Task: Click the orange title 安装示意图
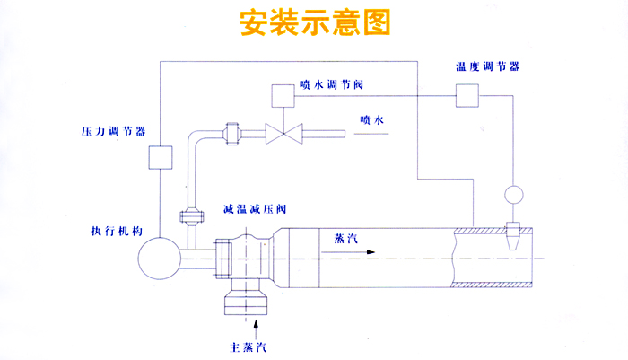coord(315,22)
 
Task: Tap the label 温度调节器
coord(486,67)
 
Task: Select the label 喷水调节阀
coord(331,85)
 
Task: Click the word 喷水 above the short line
coord(371,119)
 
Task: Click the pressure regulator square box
coord(160,157)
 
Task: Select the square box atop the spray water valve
coord(283,94)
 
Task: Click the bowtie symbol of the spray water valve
coord(285,136)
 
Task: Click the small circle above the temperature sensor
coord(514,194)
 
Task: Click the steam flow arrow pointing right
coord(350,252)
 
